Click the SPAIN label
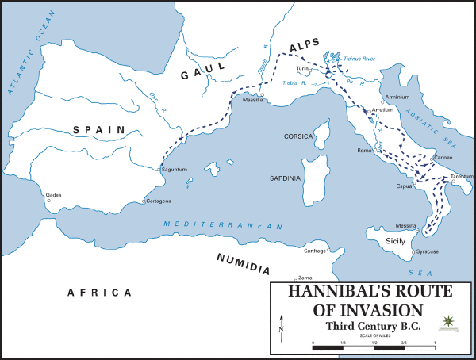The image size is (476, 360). click(x=98, y=129)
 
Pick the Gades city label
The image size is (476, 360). click(x=54, y=193)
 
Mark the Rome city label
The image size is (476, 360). click(x=365, y=150)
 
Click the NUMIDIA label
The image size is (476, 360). click(x=243, y=264)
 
